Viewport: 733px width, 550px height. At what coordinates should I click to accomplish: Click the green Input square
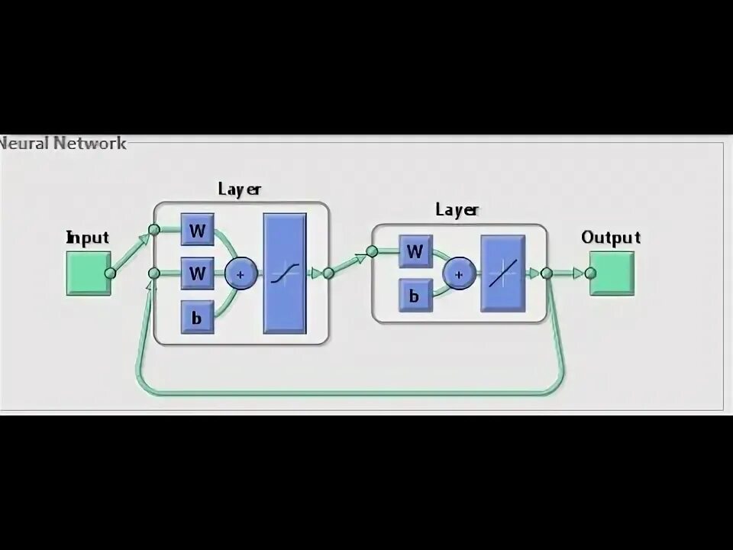(88, 273)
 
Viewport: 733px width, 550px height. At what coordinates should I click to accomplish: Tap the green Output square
(612, 273)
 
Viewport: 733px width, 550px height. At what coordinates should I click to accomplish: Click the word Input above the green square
(88, 238)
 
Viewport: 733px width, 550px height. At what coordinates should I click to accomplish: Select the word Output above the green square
(610, 238)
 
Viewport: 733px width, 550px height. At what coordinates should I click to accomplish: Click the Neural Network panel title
(63, 143)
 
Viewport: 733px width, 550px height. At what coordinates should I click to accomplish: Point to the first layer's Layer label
(239, 189)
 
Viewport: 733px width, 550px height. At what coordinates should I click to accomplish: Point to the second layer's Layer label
(457, 210)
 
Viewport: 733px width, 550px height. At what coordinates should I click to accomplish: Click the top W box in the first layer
(197, 230)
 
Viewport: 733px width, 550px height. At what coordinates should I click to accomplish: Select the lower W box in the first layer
(197, 273)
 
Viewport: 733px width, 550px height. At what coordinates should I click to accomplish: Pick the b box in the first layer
(197, 317)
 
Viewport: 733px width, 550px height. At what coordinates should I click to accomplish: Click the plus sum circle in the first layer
(241, 273)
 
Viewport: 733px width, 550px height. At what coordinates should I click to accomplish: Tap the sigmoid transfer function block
(285, 273)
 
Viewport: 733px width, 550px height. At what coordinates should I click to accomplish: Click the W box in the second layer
(415, 251)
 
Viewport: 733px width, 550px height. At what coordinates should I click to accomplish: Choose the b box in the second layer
(415, 295)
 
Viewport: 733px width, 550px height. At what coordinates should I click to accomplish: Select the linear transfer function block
(502, 273)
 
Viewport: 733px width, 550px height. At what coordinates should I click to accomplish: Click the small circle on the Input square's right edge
(110, 273)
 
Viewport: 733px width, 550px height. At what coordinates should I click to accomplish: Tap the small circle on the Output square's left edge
(590, 273)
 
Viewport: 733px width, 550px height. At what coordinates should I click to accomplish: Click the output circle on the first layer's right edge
(328, 273)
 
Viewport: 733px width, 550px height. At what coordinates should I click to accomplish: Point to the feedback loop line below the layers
(351, 393)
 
